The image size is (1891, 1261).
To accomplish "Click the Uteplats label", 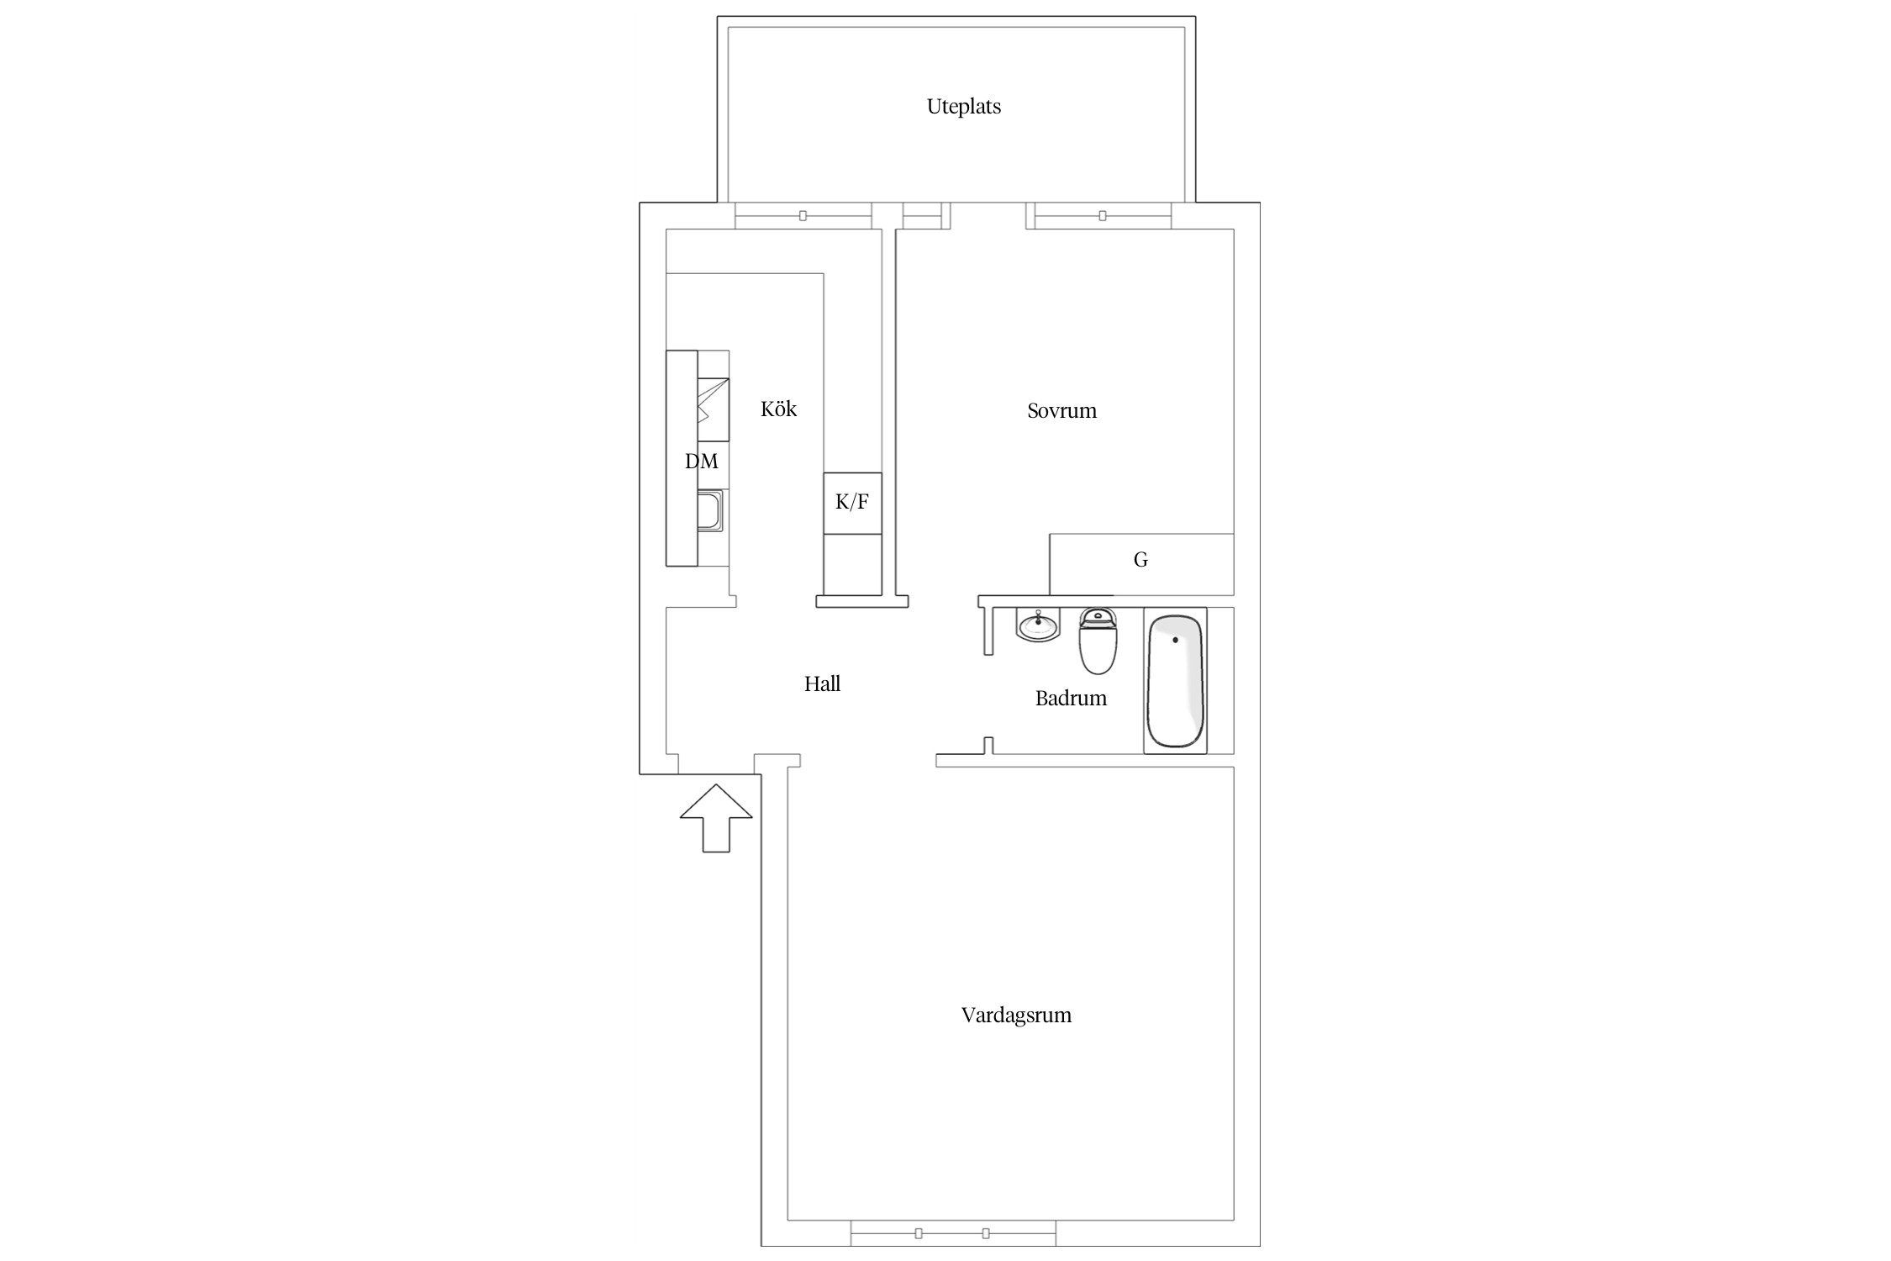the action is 963,107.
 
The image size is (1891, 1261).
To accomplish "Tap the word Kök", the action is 778,409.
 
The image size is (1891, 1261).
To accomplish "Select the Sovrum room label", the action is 1061,411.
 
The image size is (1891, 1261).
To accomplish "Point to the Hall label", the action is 822,683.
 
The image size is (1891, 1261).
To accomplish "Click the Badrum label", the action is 1071,698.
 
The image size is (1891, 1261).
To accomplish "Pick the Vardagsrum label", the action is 1016,1016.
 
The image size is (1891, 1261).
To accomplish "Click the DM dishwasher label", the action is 702,461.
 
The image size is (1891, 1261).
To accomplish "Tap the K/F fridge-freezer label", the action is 852,502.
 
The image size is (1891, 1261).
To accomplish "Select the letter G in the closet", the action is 1140,559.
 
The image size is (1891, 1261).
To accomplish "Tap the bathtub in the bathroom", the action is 1176,681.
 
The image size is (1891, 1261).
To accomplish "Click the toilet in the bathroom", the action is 1098,641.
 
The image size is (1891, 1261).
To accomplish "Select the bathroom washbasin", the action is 1038,625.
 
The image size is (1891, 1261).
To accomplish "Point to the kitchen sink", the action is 709,512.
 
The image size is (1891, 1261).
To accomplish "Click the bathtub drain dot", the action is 1175,640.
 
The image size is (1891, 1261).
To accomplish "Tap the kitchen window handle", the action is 803,216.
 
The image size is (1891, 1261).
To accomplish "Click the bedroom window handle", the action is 1102,216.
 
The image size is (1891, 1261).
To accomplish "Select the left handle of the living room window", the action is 919,1233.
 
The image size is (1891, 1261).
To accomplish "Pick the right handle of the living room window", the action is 986,1233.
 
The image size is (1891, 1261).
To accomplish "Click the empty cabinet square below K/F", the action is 852,564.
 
